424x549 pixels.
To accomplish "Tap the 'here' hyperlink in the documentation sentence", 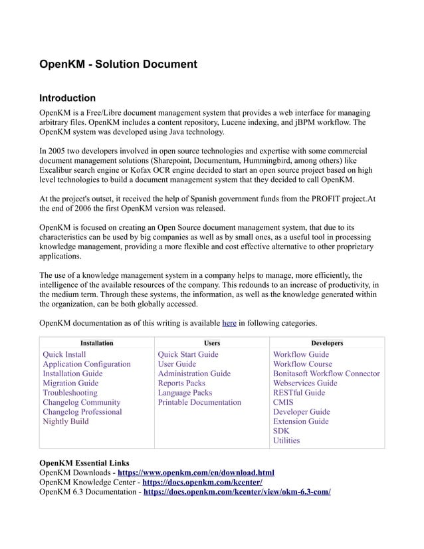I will tap(229, 323).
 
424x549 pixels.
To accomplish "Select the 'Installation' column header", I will tap(96, 343).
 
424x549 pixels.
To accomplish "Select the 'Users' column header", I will tap(211, 343).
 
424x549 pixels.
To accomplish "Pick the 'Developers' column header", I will tap(327, 343).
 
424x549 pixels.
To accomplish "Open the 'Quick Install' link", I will tap(64, 355).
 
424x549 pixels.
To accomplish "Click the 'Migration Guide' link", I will tap(70, 384).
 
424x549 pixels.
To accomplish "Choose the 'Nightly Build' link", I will tap(66, 421).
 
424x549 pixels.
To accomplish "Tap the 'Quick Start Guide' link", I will tap(188, 355).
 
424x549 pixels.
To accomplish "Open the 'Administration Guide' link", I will tap(194, 374).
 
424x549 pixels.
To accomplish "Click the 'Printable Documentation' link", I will tap(199, 402).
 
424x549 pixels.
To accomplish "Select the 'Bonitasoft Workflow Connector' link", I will tap(326, 374).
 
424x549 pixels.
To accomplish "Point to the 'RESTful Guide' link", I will tap(299, 393).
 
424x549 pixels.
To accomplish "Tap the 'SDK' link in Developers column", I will tap(281, 431).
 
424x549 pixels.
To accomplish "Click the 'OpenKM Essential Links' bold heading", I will tap(84, 463).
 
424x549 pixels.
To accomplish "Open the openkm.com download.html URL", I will tap(196, 473).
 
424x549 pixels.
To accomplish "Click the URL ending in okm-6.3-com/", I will tap(237, 492).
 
